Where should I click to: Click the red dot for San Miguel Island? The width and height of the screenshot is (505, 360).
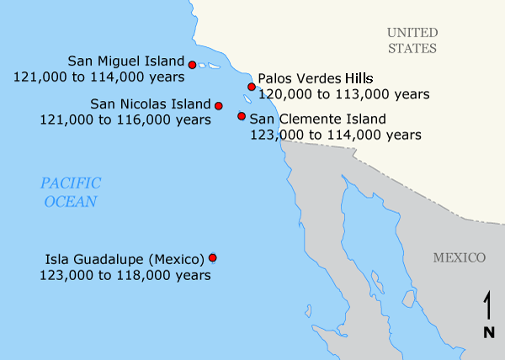tap(193, 65)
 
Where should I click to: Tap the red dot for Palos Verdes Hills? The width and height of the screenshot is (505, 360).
tap(252, 87)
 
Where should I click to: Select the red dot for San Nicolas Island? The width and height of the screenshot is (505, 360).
tap(219, 106)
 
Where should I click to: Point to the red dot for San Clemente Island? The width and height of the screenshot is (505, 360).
tap(242, 116)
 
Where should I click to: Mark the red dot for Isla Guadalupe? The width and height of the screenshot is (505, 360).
tap(213, 257)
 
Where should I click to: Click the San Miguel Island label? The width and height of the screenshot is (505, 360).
tap(126, 61)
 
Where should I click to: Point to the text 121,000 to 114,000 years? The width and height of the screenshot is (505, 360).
tap(99, 77)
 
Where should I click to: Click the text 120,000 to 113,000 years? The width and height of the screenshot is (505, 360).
tap(344, 93)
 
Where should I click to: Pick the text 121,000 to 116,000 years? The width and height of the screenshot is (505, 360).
tap(125, 119)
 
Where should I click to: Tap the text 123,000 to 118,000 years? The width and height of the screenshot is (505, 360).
tap(125, 274)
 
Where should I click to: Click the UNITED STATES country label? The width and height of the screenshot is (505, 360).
tap(412, 40)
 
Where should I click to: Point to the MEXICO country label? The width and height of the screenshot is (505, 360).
tap(460, 257)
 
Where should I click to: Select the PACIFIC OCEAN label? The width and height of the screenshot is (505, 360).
tap(71, 192)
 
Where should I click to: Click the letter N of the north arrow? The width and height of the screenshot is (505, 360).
tap(488, 332)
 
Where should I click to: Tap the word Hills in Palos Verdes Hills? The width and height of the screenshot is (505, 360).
tap(380, 78)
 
